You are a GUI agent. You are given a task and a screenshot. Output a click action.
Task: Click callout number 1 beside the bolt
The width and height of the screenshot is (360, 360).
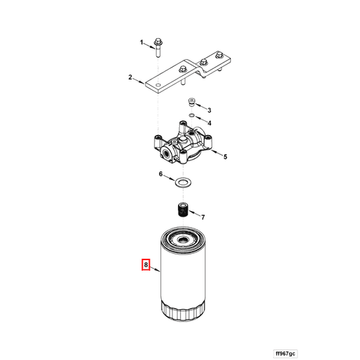coord(141,42)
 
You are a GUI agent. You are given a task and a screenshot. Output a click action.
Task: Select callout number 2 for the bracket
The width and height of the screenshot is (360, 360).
coord(131,77)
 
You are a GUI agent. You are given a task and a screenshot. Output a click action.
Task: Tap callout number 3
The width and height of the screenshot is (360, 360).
coord(209,110)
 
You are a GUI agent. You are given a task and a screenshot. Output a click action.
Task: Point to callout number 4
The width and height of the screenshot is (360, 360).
coord(209,122)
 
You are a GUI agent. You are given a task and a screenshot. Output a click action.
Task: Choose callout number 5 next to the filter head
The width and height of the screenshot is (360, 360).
coord(225,156)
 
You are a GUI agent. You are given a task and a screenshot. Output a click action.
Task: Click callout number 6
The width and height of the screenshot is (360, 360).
coord(160,174)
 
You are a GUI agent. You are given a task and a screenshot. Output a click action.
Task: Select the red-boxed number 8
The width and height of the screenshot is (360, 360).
coord(146,265)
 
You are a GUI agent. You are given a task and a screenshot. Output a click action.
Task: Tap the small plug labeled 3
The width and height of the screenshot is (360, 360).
coord(191,103)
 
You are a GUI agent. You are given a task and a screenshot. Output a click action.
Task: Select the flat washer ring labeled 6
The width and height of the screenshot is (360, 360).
coord(182,183)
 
